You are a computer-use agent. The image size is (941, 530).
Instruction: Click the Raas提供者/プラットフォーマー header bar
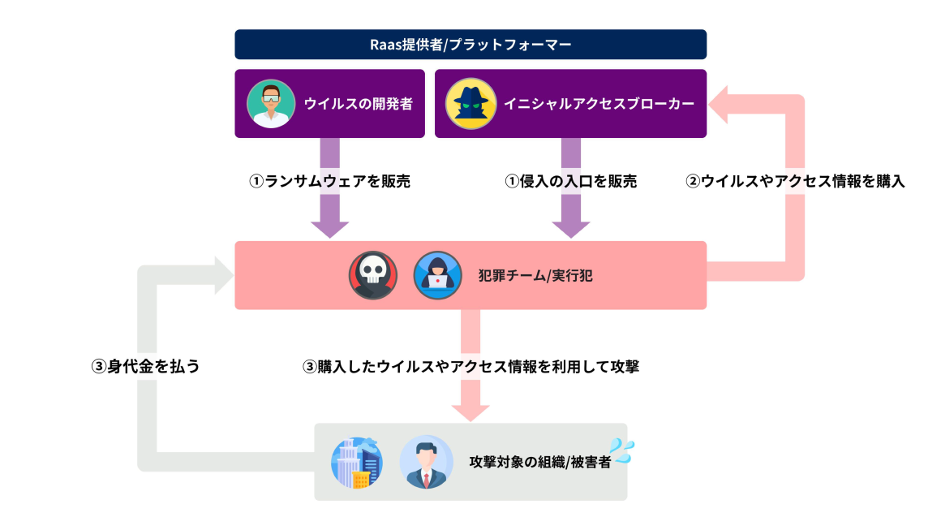click(470, 44)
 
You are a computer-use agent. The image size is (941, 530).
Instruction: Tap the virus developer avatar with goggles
click(269, 104)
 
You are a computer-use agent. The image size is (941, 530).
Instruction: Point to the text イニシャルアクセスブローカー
click(599, 104)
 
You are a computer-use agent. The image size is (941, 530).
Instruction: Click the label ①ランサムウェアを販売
click(329, 182)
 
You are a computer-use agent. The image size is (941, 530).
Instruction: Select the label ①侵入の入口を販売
click(571, 182)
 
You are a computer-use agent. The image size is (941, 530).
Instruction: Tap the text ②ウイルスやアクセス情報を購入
click(795, 182)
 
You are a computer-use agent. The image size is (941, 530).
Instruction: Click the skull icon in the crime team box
click(373, 276)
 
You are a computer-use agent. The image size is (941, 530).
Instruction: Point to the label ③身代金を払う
click(145, 366)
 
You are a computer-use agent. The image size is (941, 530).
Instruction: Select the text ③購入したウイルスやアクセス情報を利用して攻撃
click(470, 366)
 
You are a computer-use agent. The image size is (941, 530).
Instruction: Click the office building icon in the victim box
click(357, 462)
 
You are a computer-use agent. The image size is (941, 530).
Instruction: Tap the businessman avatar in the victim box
click(426, 462)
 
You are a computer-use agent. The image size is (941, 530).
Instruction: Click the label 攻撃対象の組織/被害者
click(540, 462)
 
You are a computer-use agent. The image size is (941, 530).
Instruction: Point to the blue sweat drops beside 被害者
click(623, 450)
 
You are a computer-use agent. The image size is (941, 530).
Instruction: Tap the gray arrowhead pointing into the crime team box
click(223, 274)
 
